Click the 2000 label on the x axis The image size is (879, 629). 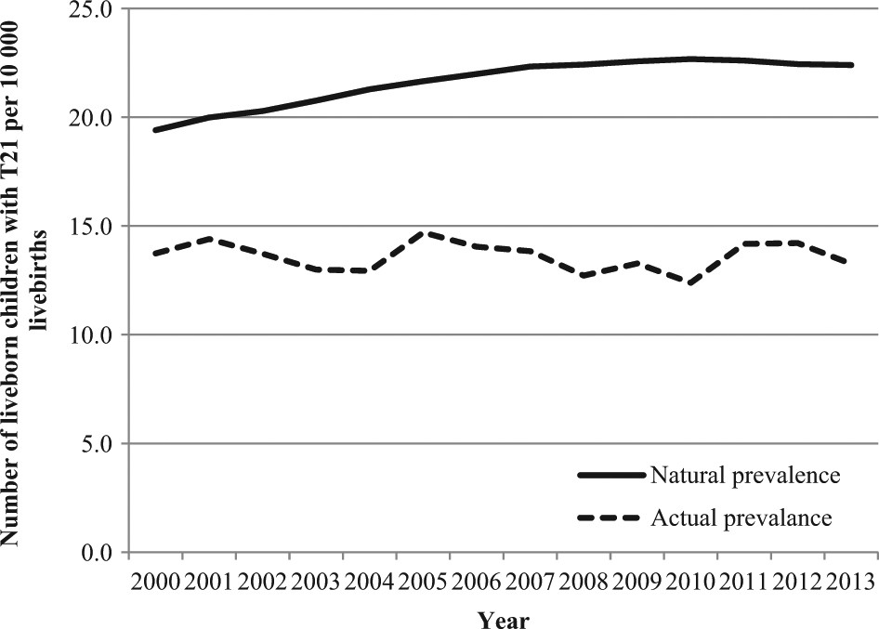[156, 582]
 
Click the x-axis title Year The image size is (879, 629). [505, 618]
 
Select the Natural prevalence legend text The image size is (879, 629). [746, 476]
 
